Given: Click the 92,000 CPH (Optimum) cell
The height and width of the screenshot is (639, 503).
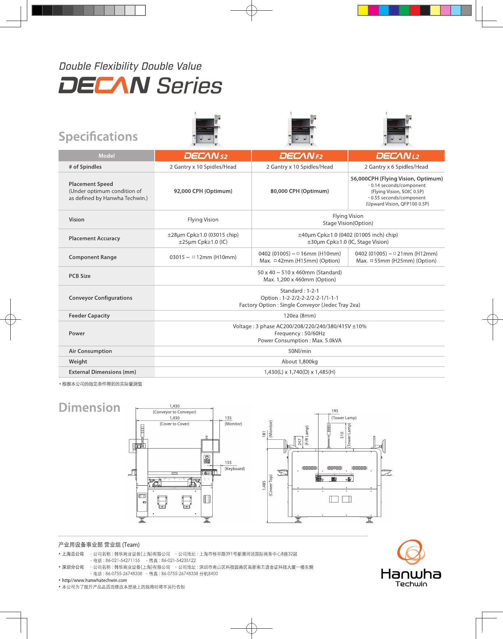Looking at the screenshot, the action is point(203,191).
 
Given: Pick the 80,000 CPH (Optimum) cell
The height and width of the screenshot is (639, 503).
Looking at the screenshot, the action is point(299,191).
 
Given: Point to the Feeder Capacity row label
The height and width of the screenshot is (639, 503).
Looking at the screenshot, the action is point(89,316).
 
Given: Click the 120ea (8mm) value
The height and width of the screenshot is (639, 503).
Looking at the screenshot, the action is point(299,316).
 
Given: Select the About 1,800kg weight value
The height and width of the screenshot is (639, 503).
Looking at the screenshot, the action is point(299,362).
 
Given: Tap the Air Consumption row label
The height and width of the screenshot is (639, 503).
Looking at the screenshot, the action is point(90,351).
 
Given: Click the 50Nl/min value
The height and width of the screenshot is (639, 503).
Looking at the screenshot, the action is point(299,351).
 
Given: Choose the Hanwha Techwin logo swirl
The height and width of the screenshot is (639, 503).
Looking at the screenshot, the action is point(411,552).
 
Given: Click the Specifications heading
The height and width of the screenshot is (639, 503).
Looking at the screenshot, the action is point(98,137).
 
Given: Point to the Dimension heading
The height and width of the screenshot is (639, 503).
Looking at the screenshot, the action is point(89,407).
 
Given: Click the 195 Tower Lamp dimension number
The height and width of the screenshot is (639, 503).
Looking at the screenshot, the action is point(335,411).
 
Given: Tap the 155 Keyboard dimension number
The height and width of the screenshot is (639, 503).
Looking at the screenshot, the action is point(228,463).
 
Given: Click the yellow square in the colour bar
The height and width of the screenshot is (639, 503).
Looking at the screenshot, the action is point(363,10).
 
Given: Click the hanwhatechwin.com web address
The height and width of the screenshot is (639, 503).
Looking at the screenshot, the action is point(94,580).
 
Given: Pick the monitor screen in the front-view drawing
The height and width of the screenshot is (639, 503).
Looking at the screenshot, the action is point(210,446).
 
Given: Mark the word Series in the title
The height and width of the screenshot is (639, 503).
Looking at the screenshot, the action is point(190,86).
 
